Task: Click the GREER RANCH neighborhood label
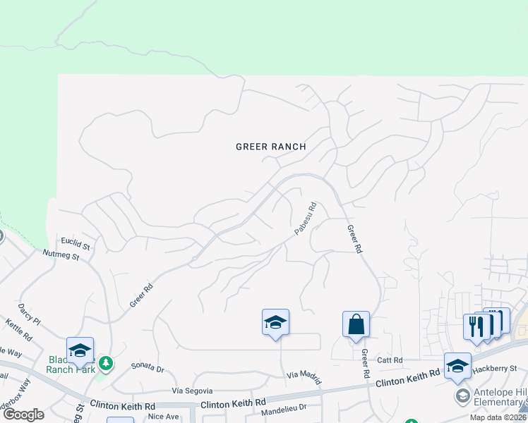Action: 271,147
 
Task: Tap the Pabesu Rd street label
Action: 305,219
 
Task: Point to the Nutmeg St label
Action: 61,255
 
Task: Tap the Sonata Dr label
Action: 148,368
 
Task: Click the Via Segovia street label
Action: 193,390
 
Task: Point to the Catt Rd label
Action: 390,360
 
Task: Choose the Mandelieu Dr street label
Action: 284,409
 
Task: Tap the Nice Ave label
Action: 164,417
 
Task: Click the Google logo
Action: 23,415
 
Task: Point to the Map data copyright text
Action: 496,417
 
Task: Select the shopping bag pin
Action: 356,325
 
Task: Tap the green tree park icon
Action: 105,363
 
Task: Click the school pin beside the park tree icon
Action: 80,351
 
